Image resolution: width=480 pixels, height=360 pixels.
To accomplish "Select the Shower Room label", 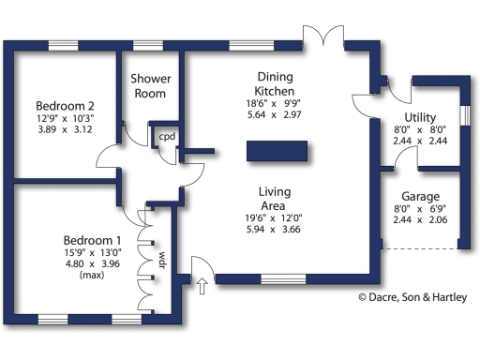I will point(148,85).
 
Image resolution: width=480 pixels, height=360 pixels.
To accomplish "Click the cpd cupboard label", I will point(167,137).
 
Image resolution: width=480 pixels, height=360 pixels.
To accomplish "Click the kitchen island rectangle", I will point(277,151).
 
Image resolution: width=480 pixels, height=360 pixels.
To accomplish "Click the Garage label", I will point(413,196).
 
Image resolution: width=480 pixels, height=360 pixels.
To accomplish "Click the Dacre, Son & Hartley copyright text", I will point(412,298).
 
